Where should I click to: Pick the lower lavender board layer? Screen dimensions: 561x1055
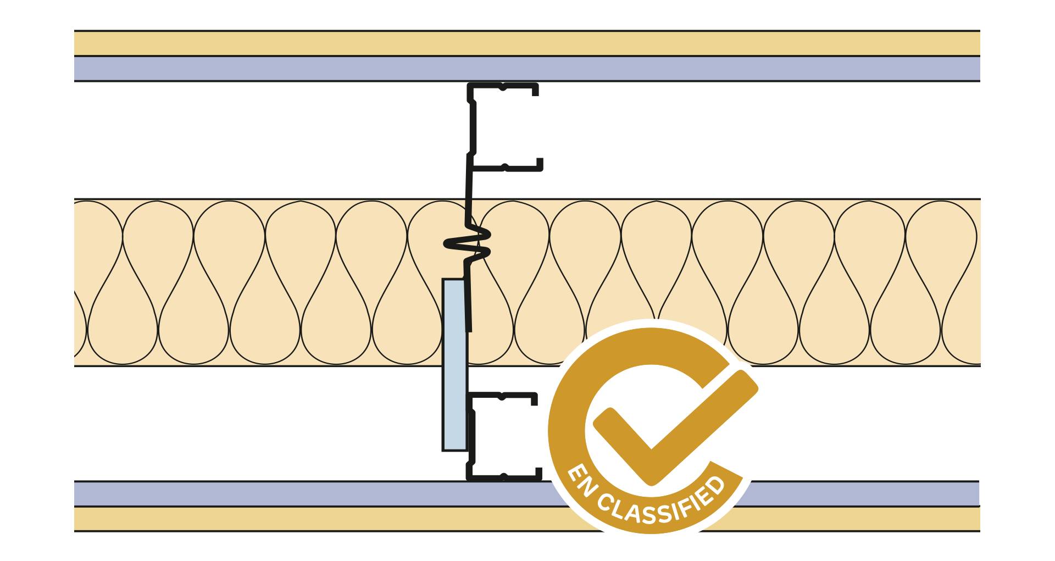[x=330, y=493]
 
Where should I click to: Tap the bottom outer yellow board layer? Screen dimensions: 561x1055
[x=330, y=519]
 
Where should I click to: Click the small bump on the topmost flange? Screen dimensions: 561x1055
[x=503, y=87]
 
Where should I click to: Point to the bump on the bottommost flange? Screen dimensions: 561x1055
[x=504, y=476]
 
